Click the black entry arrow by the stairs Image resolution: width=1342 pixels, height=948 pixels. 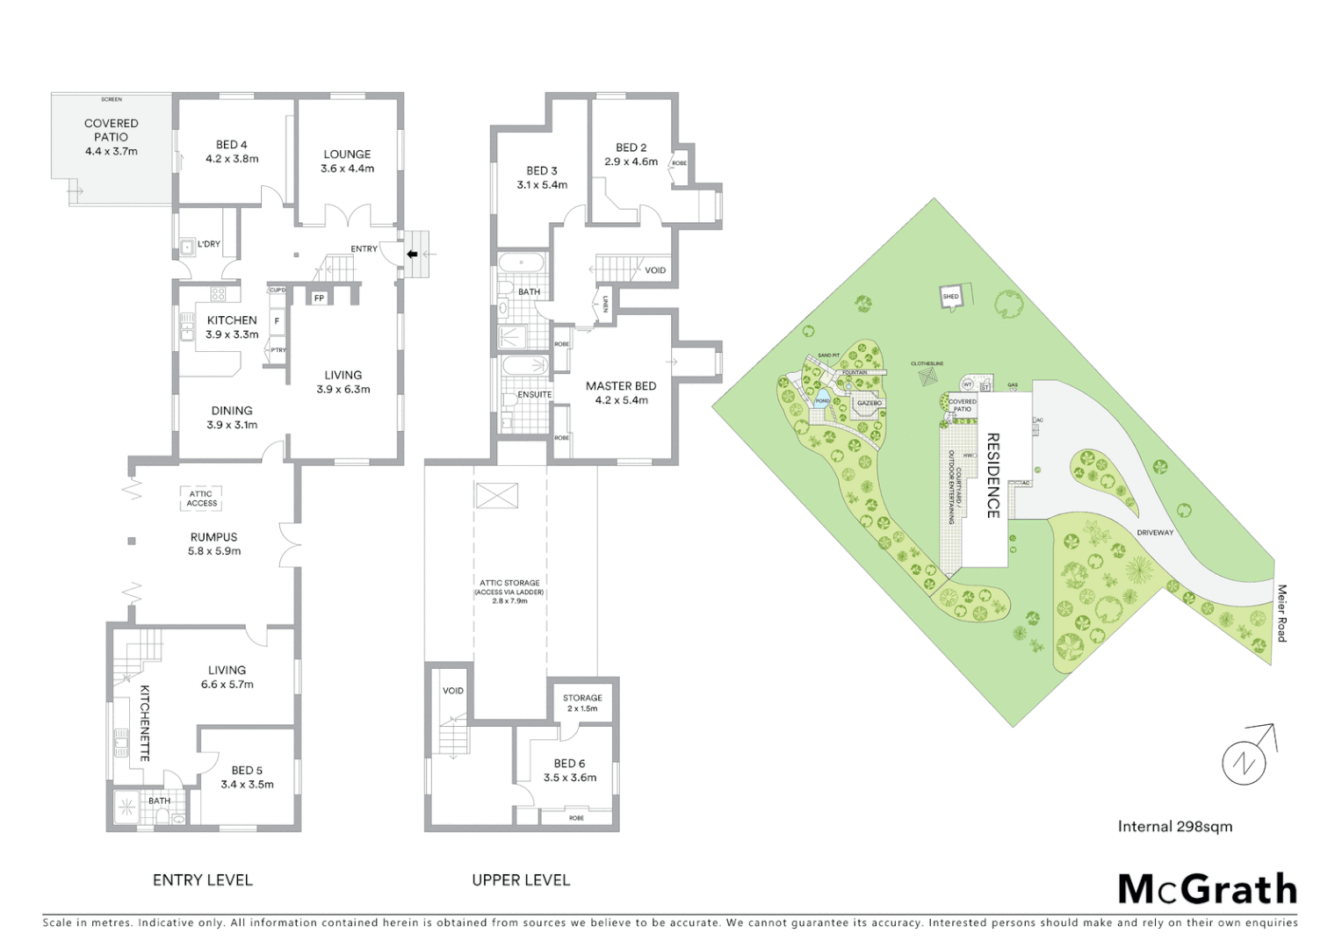coord(411,255)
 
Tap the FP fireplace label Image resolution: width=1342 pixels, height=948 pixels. coord(318,298)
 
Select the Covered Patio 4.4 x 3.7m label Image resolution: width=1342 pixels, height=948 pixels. coord(111,137)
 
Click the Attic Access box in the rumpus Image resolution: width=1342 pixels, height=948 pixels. coord(201,499)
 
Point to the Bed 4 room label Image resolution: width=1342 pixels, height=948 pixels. coord(232,152)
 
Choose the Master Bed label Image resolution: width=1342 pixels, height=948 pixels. coord(620,392)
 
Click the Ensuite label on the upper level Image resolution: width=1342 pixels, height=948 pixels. coord(534,395)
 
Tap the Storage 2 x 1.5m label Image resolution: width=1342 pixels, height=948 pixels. coord(582,703)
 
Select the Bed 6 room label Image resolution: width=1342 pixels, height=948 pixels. coord(569,770)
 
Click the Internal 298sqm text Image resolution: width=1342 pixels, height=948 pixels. coord(1174,826)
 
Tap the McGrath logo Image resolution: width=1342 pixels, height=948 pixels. coord(1207,889)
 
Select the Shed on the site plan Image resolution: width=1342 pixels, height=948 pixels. coord(950,297)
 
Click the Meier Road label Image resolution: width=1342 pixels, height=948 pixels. coord(1281,613)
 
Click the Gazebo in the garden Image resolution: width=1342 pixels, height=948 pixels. coord(869,404)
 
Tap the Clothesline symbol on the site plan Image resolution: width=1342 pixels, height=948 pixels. coord(927,376)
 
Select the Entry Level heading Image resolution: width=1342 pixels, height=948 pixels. coord(202,880)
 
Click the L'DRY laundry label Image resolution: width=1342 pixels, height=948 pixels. coord(208,244)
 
